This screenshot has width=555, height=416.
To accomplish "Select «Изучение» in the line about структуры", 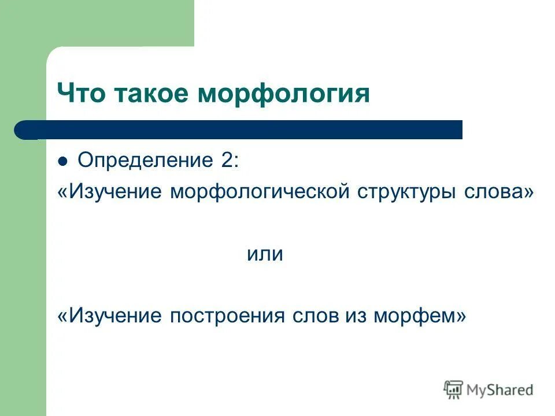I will coord(115,191).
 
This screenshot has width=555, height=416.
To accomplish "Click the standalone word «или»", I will coord(265,254).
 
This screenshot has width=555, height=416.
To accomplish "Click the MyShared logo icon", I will coord(454,390).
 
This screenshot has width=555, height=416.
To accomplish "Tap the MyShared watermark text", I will coord(501,390).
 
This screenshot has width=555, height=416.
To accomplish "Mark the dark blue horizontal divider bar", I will coord(243,130).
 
